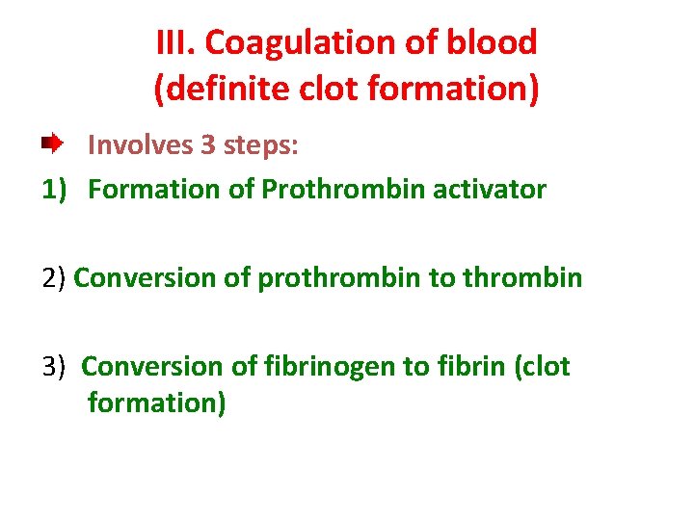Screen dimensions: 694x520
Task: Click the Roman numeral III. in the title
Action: (175, 43)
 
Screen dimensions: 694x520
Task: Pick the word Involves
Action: (141, 145)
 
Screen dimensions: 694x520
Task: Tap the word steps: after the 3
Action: (261, 145)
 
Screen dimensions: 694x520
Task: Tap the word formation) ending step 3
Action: (156, 402)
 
